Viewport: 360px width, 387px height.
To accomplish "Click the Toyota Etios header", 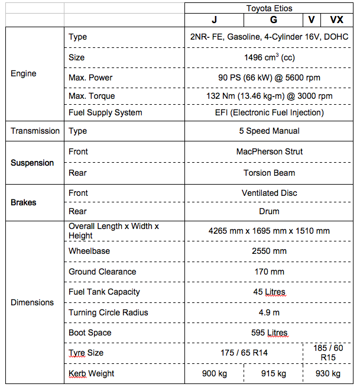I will point(269,8).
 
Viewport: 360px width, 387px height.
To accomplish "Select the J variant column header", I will point(214,20).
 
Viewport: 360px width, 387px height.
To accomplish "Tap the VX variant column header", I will point(336,20).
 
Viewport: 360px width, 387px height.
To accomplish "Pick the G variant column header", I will point(273,20).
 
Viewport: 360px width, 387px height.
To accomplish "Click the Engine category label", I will point(24,74).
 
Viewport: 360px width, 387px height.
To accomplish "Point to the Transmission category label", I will point(35,131).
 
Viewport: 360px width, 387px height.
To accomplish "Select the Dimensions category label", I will point(33,302).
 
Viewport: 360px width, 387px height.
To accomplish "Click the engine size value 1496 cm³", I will point(269,58).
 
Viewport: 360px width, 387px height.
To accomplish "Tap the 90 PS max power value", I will point(269,78).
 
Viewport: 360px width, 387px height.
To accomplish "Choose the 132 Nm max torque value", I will point(269,96).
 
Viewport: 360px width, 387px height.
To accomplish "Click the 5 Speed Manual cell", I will point(269,131).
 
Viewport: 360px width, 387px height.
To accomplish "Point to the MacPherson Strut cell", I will point(269,151).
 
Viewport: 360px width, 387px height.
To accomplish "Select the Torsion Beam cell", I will point(269,173).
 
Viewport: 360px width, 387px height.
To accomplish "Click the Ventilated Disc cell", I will point(269,193).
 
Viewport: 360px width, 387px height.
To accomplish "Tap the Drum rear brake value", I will point(269,211).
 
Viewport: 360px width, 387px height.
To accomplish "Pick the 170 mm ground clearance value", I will point(269,272).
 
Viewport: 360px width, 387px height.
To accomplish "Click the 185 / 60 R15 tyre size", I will point(328,353).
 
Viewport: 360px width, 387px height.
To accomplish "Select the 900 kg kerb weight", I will point(214,373).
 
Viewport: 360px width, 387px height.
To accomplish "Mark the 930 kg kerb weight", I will point(328,373).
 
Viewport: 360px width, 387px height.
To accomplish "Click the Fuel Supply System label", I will point(105,112).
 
